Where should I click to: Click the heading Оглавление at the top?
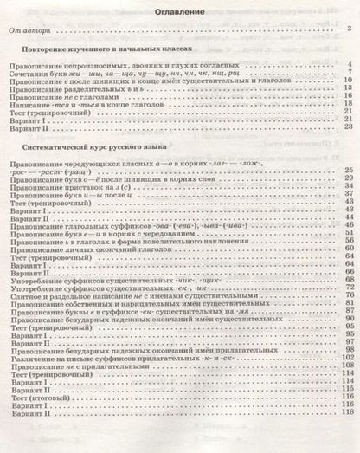[x=179, y=15]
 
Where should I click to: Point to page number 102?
[x=346, y=364]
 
